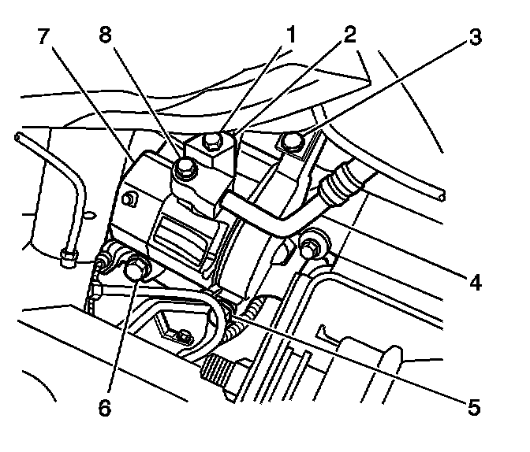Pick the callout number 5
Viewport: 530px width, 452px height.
[473, 408]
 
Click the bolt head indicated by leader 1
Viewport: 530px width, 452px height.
[211, 142]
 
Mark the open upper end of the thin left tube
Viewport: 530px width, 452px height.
[17, 137]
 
